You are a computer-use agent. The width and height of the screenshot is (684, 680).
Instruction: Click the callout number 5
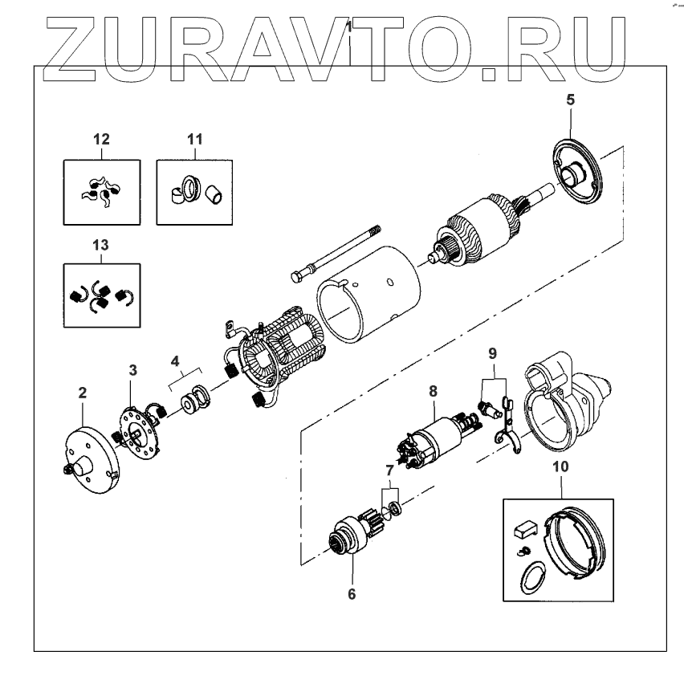pos(570,101)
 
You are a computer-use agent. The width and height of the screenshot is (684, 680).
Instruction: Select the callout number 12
pos(100,139)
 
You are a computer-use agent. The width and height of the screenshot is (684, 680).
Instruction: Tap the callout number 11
pos(193,139)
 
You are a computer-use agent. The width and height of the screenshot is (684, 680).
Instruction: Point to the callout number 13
pos(100,244)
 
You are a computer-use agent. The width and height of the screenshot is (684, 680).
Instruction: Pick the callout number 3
pos(134,369)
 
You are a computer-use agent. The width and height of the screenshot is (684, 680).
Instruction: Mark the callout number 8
pos(433,392)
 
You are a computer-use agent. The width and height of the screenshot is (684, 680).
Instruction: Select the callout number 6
pos(352,594)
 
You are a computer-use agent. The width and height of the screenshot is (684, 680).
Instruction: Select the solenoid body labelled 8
pos(437,437)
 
